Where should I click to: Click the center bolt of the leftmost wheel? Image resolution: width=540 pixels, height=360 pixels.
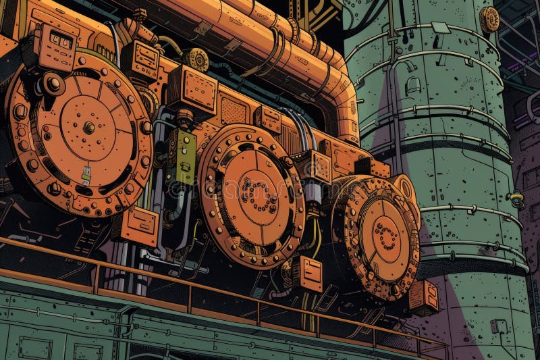click(x=88, y=127)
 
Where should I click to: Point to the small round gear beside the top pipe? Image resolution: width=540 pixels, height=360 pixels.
click(x=197, y=59)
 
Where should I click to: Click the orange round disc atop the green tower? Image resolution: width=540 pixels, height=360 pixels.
click(x=489, y=20)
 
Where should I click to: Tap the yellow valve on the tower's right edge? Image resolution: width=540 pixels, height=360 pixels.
click(x=517, y=199)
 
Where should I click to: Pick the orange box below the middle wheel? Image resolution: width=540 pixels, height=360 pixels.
click(x=307, y=274)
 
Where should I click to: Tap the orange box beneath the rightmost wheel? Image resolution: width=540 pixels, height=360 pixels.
click(x=423, y=297)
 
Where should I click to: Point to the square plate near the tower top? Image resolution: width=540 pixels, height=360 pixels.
click(x=441, y=28)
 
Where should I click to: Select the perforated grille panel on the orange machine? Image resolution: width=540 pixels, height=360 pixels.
click(x=234, y=108)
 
